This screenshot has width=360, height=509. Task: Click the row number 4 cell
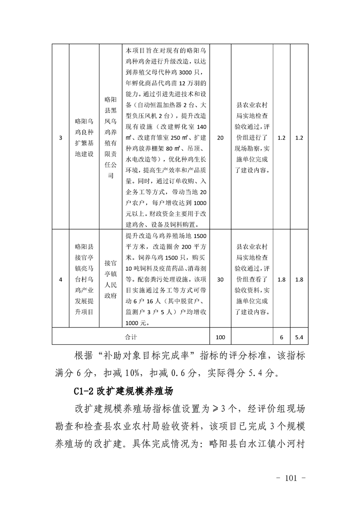(61, 279)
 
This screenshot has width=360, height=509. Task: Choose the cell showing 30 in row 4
(221, 279)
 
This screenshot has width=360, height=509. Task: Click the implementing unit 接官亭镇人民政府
(110, 279)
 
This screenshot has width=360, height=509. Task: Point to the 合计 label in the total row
(131, 337)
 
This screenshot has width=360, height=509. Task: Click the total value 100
(221, 337)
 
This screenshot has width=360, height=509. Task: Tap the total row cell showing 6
(281, 337)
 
